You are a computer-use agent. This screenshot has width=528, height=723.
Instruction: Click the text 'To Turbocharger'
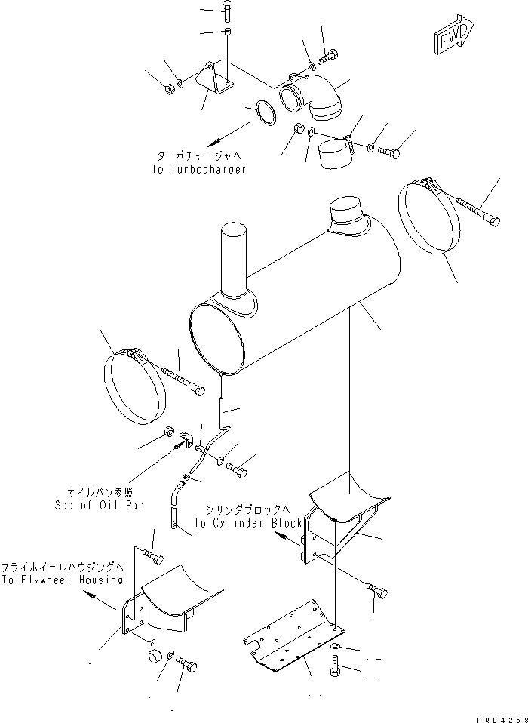click(198, 170)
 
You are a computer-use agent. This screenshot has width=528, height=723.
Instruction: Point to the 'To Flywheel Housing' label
click(62, 580)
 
